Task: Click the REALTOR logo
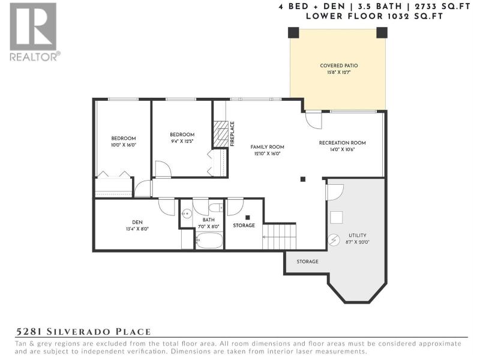(x=34, y=32)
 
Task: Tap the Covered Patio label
(x=339, y=65)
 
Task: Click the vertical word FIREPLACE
(x=232, y=134)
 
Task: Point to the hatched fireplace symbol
(x=221, y=134)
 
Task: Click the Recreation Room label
(x=342, y=143)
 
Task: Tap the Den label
(x=137, y=222)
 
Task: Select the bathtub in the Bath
(x=209, y=241)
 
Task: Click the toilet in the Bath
(x=216, y=208)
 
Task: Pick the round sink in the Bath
(x=186, y=214)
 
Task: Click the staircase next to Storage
(x=279, y=236)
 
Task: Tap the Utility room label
(x=357, y=235)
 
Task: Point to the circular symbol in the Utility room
(x=334, y=239)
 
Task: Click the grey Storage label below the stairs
(x=307, y=262)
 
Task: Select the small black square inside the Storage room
(x=248, y=218)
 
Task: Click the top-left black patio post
(x=293, y=32)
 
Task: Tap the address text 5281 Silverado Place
(x=83, y=332)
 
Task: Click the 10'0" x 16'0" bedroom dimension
(x=124, y=145)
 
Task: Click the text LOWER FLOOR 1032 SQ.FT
(x=374, y=16)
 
